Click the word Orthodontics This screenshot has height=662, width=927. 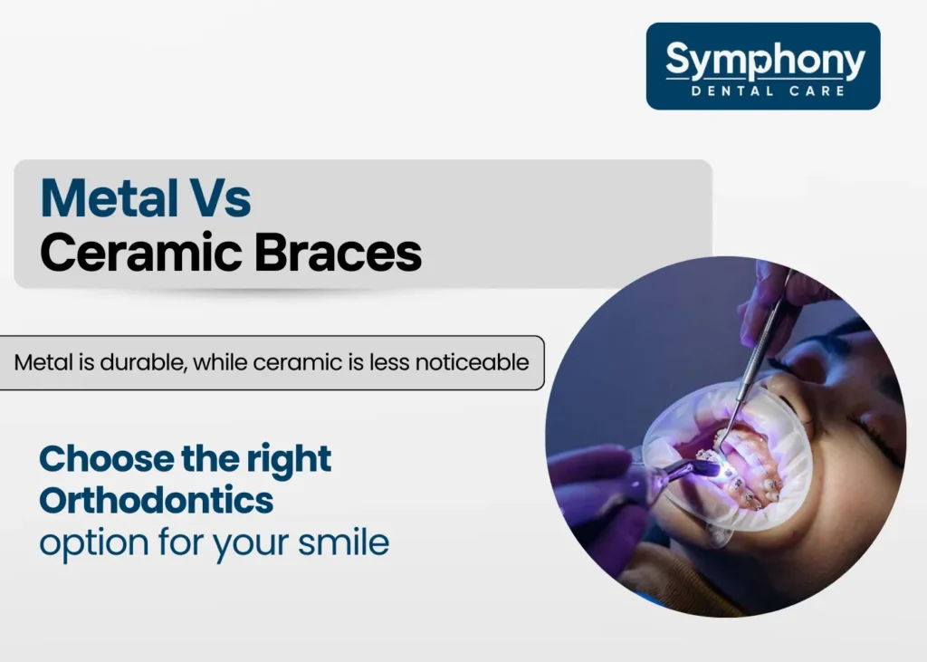(x=156, y=500)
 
